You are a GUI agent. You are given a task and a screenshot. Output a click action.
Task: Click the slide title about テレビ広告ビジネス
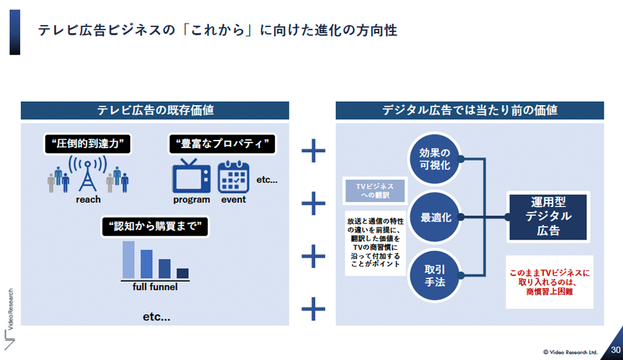coord(217,30)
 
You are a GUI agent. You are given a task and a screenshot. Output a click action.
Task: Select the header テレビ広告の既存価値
coord(155,111)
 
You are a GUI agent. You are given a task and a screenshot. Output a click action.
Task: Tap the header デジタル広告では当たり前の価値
coord(469,111)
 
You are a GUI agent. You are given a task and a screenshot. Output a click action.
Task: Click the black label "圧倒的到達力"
coord(87,143)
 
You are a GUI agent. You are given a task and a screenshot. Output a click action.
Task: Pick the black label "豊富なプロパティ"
coord(222,143)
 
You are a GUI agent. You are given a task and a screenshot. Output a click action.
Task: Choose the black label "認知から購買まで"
coord(155,226)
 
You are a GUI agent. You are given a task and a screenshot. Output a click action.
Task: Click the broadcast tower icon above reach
coord(88,174)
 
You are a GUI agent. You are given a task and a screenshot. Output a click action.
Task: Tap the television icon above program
coord(191,176)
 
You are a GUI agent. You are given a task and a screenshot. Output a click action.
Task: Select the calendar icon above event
coord(234,177)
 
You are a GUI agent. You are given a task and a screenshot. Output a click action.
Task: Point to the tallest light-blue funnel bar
coord(128,260)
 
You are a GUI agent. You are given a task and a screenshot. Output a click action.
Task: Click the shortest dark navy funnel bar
coord(182,273)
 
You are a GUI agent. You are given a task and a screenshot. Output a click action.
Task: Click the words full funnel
coord(155,287)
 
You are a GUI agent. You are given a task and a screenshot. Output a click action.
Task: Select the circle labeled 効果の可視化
coord(435,159)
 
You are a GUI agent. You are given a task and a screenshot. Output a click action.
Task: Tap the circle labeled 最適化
coord(435,217)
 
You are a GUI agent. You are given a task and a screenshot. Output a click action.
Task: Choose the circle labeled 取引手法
coord(435,276)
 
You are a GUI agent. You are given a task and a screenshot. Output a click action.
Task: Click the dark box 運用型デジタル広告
coord(548,217)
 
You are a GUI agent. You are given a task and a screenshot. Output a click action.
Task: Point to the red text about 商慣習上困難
coord(550,282)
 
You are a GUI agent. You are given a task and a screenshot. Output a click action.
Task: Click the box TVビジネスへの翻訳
coord(375,190)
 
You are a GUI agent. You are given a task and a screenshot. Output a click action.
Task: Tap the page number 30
coord(615,350)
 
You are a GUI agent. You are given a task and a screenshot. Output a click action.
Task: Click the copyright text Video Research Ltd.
coord(570,352)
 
